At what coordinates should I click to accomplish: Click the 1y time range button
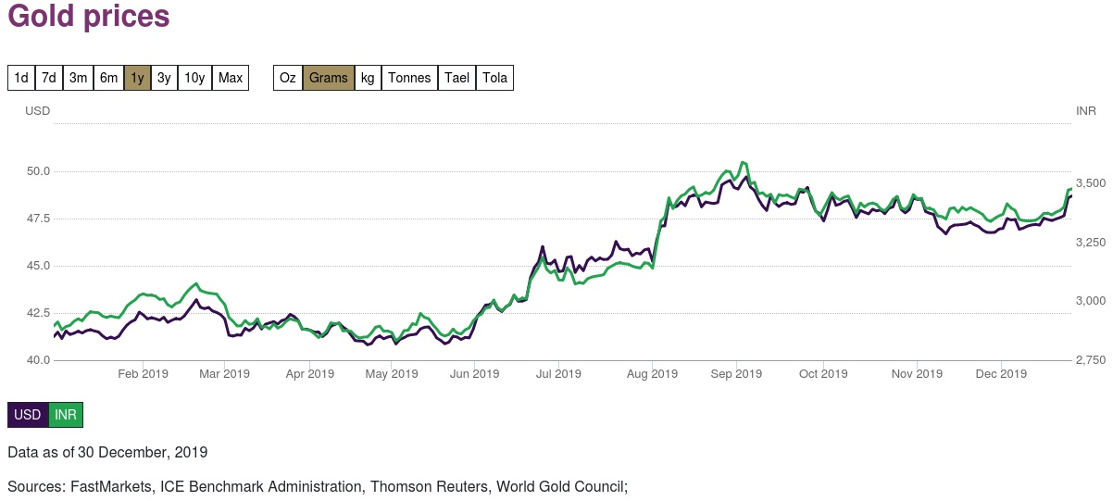point(137,78)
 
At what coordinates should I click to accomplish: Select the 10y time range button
point(194,78)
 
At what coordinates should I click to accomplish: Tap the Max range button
point(231,78)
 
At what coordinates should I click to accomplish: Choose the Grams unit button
point(329,78)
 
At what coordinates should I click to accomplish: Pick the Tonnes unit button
point(409,78)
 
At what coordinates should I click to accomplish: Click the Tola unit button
point(495,78)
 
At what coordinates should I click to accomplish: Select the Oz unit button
point(288,78)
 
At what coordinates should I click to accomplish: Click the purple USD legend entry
point(28,415)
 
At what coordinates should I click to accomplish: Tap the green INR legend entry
point(66,415)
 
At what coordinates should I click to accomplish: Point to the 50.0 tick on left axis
point(38,171)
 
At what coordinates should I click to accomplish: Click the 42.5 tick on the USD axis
point(38,313)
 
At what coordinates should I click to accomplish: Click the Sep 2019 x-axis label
point(736,374)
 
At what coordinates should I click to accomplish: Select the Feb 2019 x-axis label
point(143,374)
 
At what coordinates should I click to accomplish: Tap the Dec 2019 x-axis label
point(1002,374)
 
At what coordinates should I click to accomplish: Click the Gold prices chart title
point(89,18)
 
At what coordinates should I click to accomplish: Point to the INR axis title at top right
point(1086,111)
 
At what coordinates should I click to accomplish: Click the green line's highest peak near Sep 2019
point(743,163)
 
